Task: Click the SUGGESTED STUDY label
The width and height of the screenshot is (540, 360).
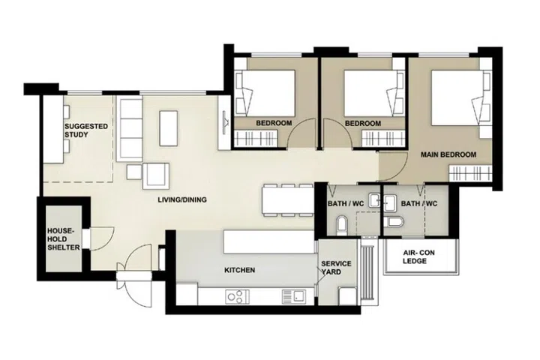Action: click(86, 130)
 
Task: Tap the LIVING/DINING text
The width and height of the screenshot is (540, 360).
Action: click(182, 199)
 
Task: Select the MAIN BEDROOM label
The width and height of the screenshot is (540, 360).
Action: click(448, 154)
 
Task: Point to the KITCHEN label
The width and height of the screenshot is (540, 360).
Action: click(240, 270)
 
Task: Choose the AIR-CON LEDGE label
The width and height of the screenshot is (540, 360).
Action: click(418, 256)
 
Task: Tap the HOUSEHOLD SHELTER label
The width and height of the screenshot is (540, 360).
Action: click(64, 239)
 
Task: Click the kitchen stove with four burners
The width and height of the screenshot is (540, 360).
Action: click(237, 296)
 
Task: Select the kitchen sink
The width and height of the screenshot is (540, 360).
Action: click(294, 296)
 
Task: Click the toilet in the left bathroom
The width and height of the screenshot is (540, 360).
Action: click(342, 223)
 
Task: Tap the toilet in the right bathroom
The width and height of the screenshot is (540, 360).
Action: click(396, 222)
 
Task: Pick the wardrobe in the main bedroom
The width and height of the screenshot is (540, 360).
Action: click(470, 173)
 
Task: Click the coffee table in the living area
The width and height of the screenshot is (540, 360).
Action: click(169, 128)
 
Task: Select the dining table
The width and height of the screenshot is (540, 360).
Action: click(288, 200)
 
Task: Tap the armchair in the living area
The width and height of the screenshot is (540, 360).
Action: click(156, 176)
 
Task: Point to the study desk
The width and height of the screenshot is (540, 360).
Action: click(53, 129)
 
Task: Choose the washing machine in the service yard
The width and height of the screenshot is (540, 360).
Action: click(347, 295)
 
